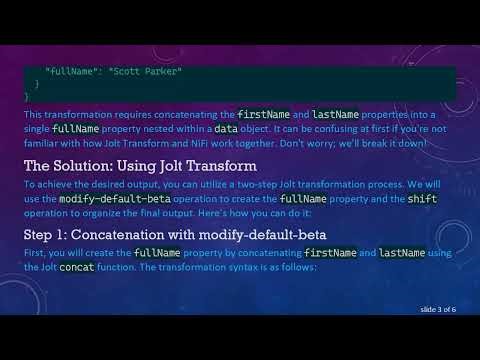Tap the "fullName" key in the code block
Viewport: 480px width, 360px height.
click(71, 72)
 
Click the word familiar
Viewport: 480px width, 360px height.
click(46, 143)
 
